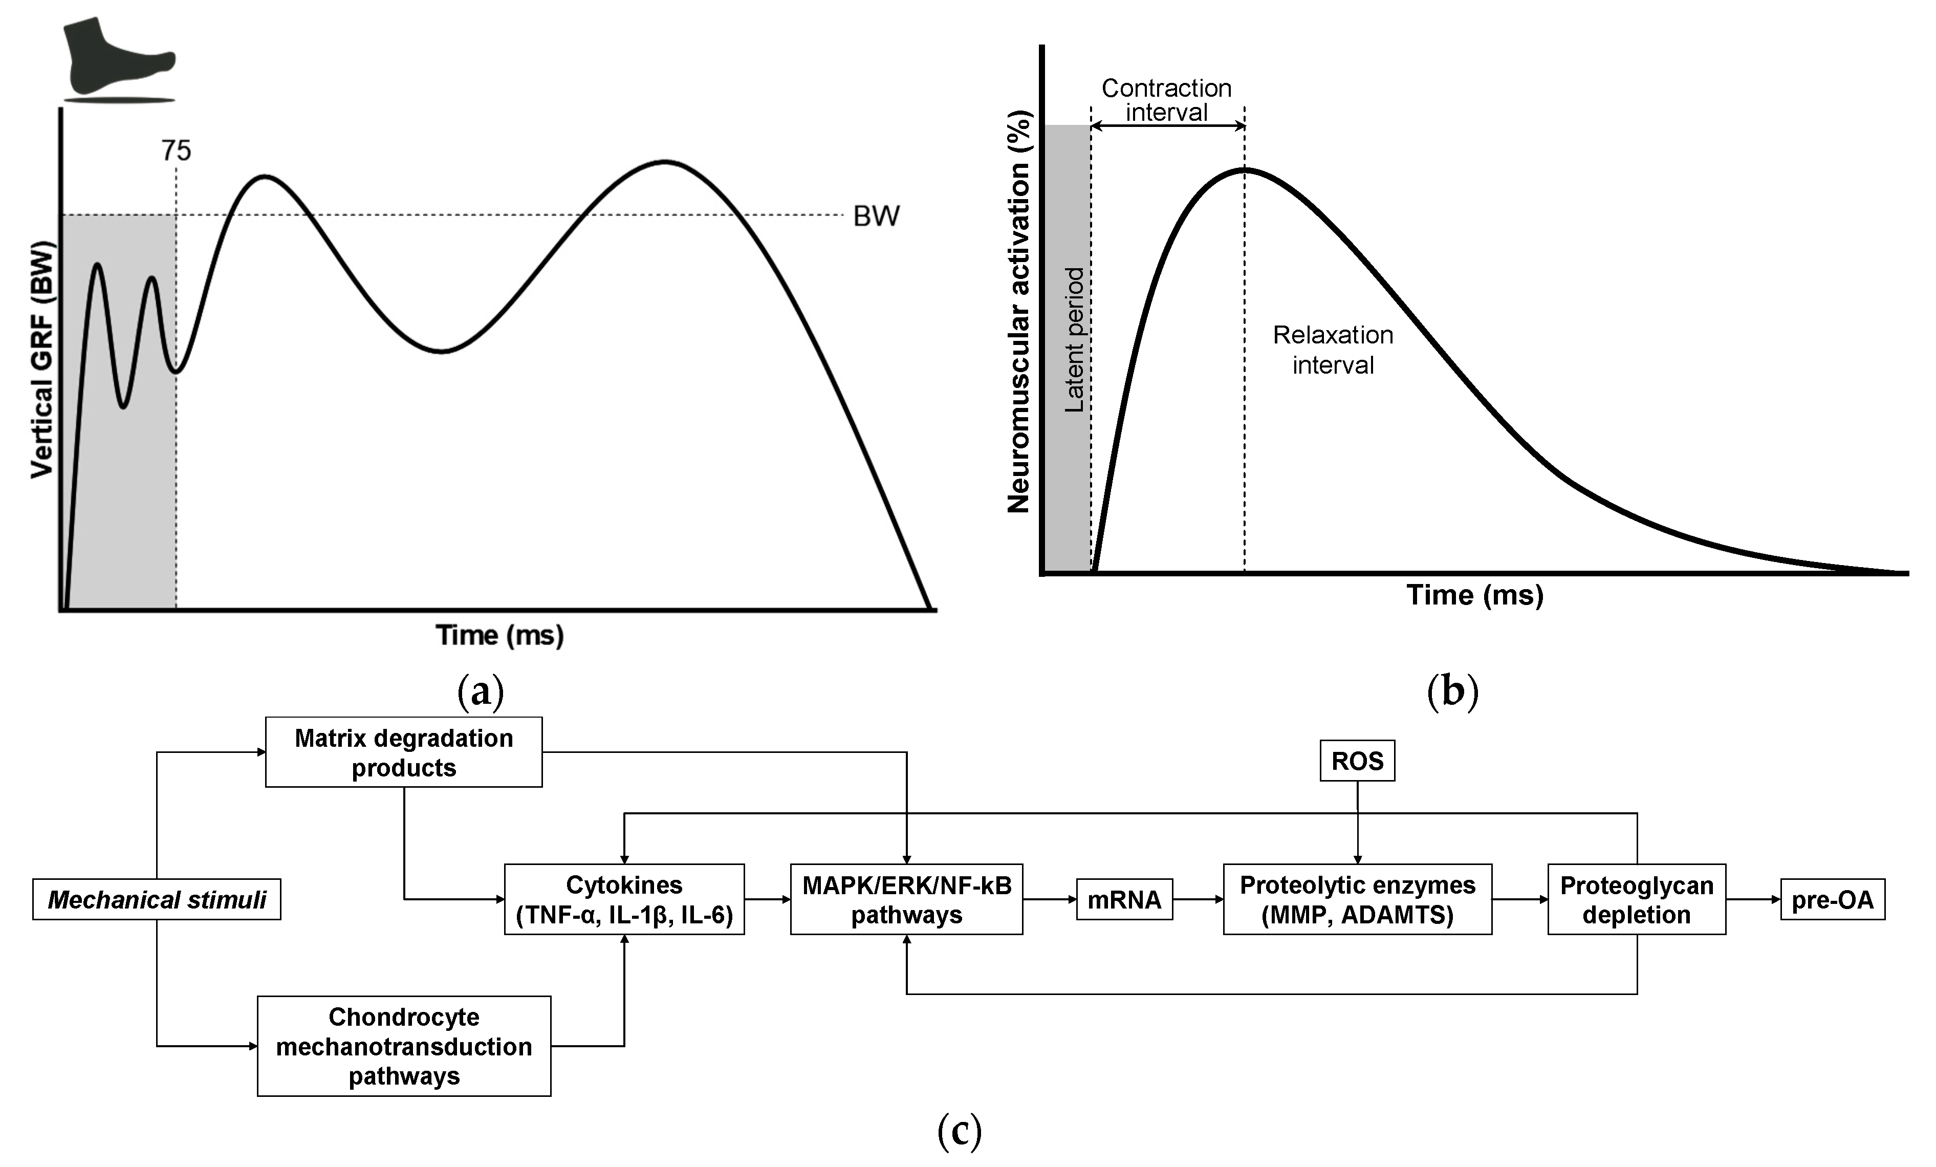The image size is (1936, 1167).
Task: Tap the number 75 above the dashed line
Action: (176, 150)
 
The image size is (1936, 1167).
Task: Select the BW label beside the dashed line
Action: (876, 216)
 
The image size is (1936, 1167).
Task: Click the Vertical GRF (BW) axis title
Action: (42, 360)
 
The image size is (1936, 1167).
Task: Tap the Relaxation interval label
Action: (1333, 350)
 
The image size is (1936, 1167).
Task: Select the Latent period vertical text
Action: (1074, 339)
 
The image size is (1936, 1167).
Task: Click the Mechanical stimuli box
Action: (157, 900)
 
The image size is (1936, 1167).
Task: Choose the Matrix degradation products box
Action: (403, 752)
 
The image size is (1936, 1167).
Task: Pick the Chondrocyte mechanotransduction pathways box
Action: (404, 1046)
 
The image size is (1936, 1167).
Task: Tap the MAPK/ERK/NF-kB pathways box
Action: (907, 900)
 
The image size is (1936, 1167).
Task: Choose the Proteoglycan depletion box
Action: (1637, 900)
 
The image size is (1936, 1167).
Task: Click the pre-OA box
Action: (1832, 900)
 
